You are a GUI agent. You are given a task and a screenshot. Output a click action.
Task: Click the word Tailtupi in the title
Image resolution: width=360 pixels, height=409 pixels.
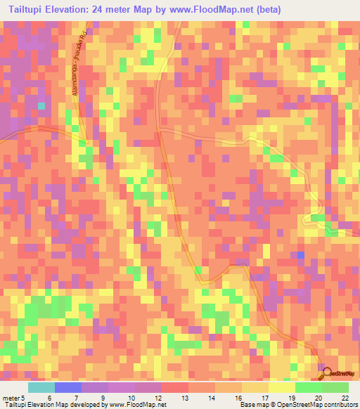30,11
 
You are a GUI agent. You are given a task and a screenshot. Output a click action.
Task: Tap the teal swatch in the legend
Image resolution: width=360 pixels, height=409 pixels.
41,387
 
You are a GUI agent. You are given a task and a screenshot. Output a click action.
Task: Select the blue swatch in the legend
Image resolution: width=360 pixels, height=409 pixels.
67,387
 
